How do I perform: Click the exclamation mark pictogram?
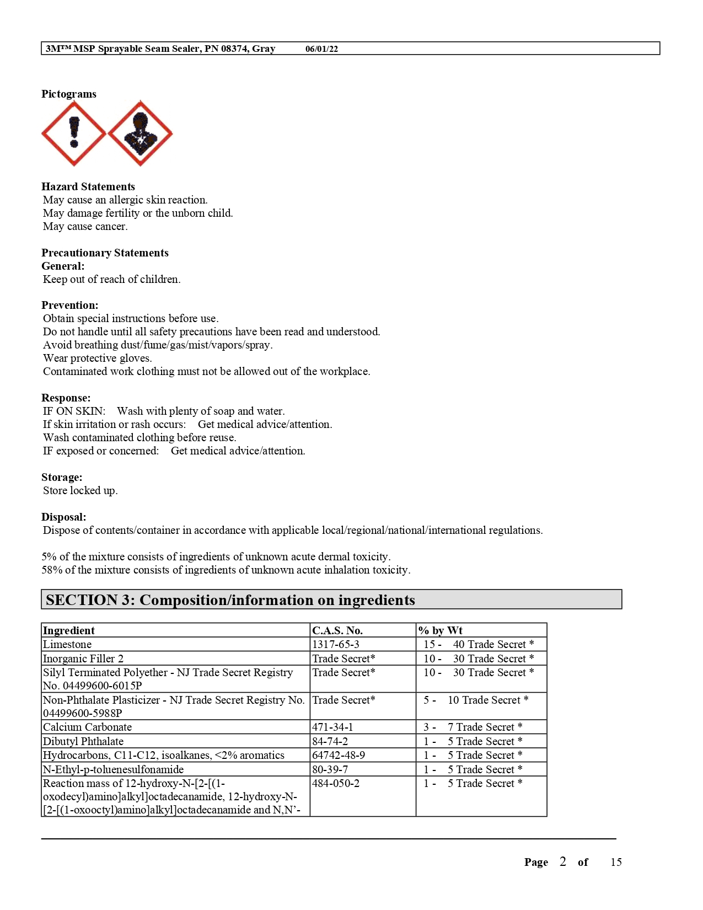point(74,133)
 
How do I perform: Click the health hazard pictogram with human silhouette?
point(140,133)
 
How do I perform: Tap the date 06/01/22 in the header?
point(321,49)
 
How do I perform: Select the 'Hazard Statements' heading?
point(88,187)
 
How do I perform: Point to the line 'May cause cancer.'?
point(85,227)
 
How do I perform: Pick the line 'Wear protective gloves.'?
point(97,358)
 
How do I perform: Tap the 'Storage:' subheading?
point(62,478)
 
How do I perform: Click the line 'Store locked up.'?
point(80,491)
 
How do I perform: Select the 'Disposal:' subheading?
point(64,517)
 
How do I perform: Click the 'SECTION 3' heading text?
point(230,600)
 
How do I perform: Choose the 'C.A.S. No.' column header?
point(337,631)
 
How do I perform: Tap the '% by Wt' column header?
point(441,631)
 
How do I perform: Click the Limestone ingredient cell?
point(67,645)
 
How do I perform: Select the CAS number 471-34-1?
point(332,727)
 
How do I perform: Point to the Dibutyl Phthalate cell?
point(83,742)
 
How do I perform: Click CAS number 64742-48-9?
point(339,756)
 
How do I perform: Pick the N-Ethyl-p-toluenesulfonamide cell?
point(113,770)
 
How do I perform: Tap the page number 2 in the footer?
point(562,862)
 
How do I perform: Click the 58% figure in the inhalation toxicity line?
point(51,570)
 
